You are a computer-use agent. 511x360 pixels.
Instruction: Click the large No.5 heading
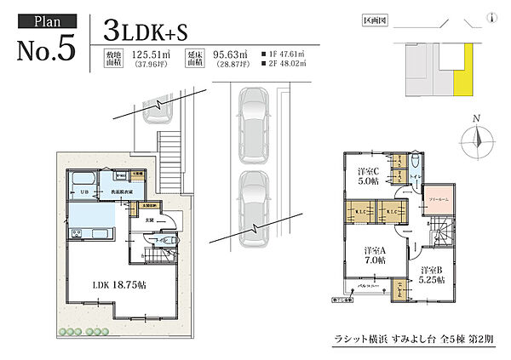point(47,49)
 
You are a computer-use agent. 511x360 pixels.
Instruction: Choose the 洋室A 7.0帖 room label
point(374,255)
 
